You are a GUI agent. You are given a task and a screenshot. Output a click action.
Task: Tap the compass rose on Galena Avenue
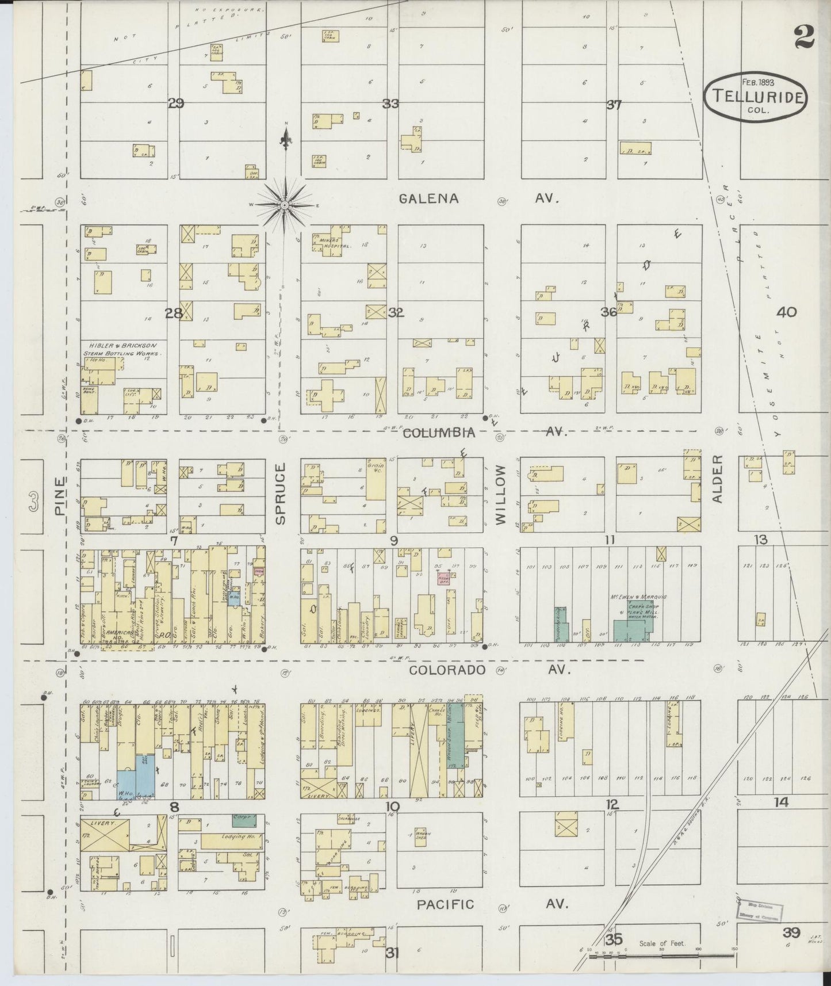[x=285, y=205]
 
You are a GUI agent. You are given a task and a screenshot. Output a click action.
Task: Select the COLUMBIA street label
[x=439, y=433]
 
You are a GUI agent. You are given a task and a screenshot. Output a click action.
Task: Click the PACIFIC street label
[x=445, y=904]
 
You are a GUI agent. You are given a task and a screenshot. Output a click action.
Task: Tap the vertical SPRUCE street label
[x=280, y=495]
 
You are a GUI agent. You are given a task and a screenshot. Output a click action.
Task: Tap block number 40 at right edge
[x=786, y=312]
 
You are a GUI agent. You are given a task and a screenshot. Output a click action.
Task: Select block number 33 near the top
[x=391, y=104]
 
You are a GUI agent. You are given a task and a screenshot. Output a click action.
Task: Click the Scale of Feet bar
[x=661, y=956]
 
